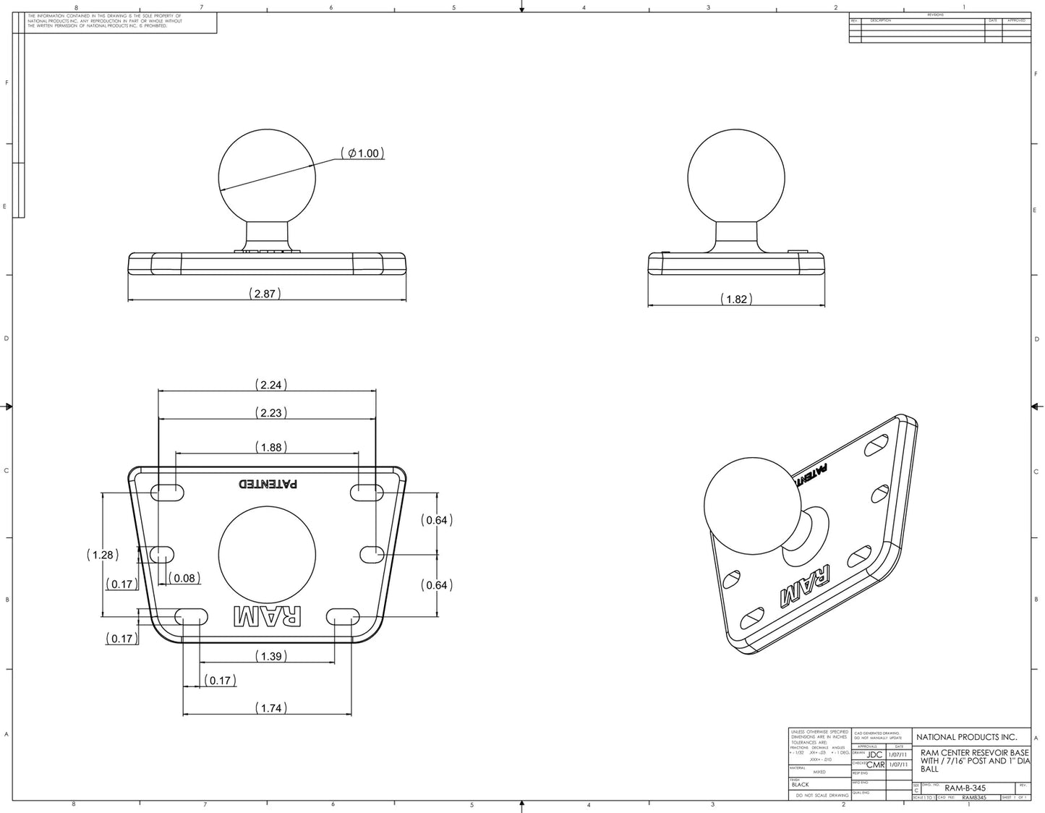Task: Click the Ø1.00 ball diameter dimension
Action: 362,153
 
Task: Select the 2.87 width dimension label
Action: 265,294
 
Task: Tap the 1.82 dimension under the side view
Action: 735,299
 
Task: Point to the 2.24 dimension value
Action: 270,385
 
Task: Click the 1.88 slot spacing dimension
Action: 270,448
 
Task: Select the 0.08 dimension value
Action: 184,578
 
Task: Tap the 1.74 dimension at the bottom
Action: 270,708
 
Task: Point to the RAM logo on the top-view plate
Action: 267,616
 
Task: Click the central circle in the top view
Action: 267,551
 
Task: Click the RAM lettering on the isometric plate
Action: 805,587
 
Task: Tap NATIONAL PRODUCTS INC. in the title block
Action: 966,737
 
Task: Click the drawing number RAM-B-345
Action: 965,788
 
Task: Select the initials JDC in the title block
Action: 874,755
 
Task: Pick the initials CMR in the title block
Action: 875,765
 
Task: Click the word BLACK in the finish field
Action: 801,785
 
